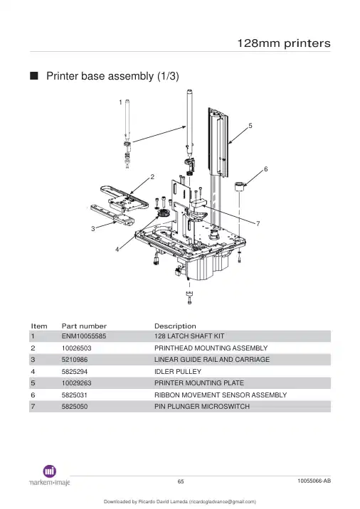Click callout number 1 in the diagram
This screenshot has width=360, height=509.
click(x=120, y=102)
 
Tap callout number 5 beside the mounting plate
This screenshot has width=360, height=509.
click(x=250, y=126)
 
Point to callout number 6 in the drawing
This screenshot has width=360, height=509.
click(x=266, y=169)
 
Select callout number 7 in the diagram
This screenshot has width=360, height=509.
click(x=258, y=224)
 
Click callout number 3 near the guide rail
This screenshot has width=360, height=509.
click(x=93, y=228)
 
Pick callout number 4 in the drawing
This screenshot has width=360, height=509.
click(x=117, y=250)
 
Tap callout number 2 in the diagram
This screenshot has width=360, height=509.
click(x=152, y=177)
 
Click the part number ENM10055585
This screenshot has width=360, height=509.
click(x=84, y=336)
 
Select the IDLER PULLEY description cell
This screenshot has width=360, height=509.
click(x=178, y=371)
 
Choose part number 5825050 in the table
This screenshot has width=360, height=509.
click(x=75, y=407)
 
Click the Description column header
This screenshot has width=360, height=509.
click(x=175, y=326)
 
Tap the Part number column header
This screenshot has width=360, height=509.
click(x=84, y=326)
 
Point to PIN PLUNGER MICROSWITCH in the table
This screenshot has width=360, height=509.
click(x=202, y=407)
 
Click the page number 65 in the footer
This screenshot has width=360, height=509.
click(x=181, y=481)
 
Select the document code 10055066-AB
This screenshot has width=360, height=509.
click(x=314, y=481)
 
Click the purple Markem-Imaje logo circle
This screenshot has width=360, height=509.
click(x=49, y=471)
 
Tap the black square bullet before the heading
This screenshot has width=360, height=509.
click(x=33, y=75)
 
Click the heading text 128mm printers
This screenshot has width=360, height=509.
click(x=284, y=43)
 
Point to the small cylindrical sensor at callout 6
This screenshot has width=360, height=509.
click(x=239, y=187)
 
